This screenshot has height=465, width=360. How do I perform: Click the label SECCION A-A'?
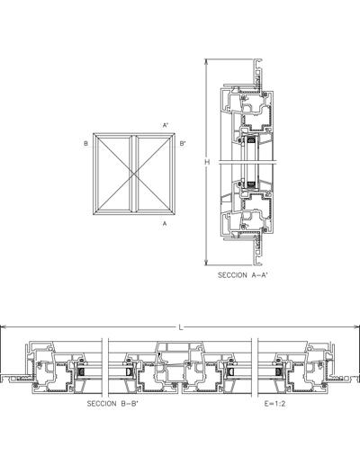pos(242,275)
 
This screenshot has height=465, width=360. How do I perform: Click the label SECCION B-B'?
pos(112,404)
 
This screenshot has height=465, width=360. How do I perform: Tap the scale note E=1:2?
pos(274,404)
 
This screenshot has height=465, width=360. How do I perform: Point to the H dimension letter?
pos(207,162)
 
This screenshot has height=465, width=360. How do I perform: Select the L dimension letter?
pos(181,327)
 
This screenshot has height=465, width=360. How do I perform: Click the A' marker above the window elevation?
pos(166,125)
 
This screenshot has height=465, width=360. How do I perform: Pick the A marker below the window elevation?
pos(164,223)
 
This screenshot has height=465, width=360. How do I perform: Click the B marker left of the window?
pos(85,144)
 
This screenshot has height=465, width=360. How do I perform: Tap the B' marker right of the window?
pos(183,144)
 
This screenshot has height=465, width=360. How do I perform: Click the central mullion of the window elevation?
pos(134,174)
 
